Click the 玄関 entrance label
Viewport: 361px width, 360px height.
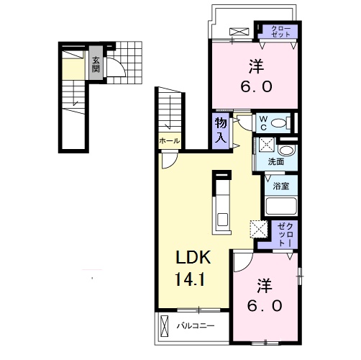(x=96, y=64)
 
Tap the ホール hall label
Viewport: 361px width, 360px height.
(x=170, y=140)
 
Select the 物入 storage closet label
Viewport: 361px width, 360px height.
(x=221, y=131)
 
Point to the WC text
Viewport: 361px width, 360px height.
(x=263, y=123)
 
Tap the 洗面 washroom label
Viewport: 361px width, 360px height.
(x=276, y=162)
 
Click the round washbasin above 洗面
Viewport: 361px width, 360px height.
(x=286, y=150)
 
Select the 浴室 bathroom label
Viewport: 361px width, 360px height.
(x=280, y=186)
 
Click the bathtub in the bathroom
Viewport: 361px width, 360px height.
(x=281, y=206)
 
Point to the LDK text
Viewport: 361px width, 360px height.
(x=193, y=257)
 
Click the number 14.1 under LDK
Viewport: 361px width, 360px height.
(x=190, y=279)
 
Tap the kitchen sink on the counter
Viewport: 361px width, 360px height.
(x=222, y=220)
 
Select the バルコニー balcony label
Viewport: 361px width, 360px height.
(x=196, y=326)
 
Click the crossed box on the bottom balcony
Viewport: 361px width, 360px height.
(x=165, y=326)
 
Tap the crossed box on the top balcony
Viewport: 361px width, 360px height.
(x=239, y=32)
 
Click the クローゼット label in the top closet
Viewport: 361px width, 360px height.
(x=281, y=32)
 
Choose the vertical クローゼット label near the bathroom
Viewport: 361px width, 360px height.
(x=285, y=235)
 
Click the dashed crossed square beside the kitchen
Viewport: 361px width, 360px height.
(x=259, y=229)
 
